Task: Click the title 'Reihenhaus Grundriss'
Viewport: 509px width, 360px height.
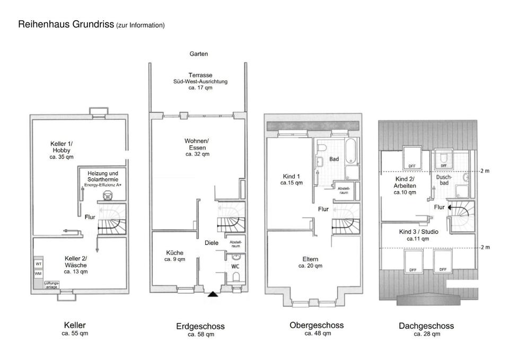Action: [x=66, y=24]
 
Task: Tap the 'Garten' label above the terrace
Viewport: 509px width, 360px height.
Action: [x=199, y=54]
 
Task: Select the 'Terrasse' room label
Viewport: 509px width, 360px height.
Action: [x=200, y=75]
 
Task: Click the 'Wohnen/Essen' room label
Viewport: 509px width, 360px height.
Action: [x=197, y=144]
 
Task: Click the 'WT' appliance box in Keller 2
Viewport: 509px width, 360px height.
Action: [x=39, y=264]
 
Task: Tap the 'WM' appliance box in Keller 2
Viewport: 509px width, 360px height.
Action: [x=39, y=274]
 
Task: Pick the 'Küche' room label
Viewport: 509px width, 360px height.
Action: [x=174, y=253]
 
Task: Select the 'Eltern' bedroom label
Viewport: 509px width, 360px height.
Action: [x=310, y=259]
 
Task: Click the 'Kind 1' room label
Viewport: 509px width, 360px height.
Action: [x=292, y=177]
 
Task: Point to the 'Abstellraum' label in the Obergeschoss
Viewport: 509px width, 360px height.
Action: [x=344, y=188]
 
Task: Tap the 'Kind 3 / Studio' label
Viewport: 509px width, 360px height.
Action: [x=418, y=232]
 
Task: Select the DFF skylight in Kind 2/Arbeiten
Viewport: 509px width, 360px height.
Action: [x=412, y=158]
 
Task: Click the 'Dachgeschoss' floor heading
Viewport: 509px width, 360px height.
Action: [x=426, y=326]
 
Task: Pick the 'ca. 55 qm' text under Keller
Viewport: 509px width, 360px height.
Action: [x=75, y=333]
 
